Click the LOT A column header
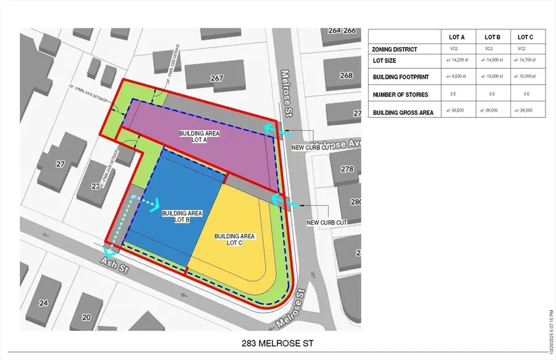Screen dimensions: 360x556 458,38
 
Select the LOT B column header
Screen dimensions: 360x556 492,38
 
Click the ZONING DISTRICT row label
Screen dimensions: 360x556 395,49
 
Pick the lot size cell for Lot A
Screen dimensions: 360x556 458,61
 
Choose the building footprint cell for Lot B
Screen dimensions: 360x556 492,77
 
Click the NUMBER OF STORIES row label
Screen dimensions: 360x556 400,94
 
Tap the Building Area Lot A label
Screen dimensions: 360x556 199,136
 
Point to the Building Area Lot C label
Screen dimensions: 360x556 235,239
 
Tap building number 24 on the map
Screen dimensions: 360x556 43,303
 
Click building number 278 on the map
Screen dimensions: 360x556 347,169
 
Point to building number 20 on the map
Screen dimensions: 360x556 87,317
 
